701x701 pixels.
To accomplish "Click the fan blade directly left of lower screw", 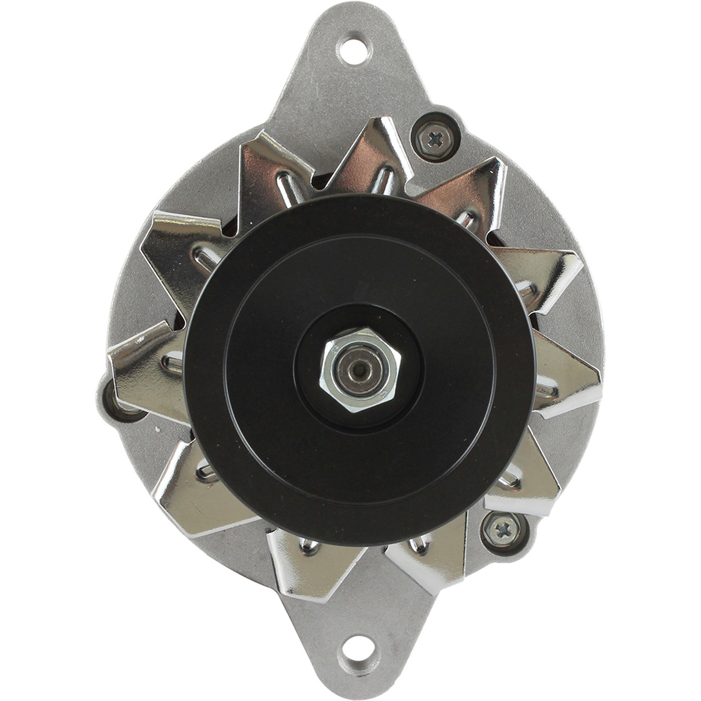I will click(x=433, y=553).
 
